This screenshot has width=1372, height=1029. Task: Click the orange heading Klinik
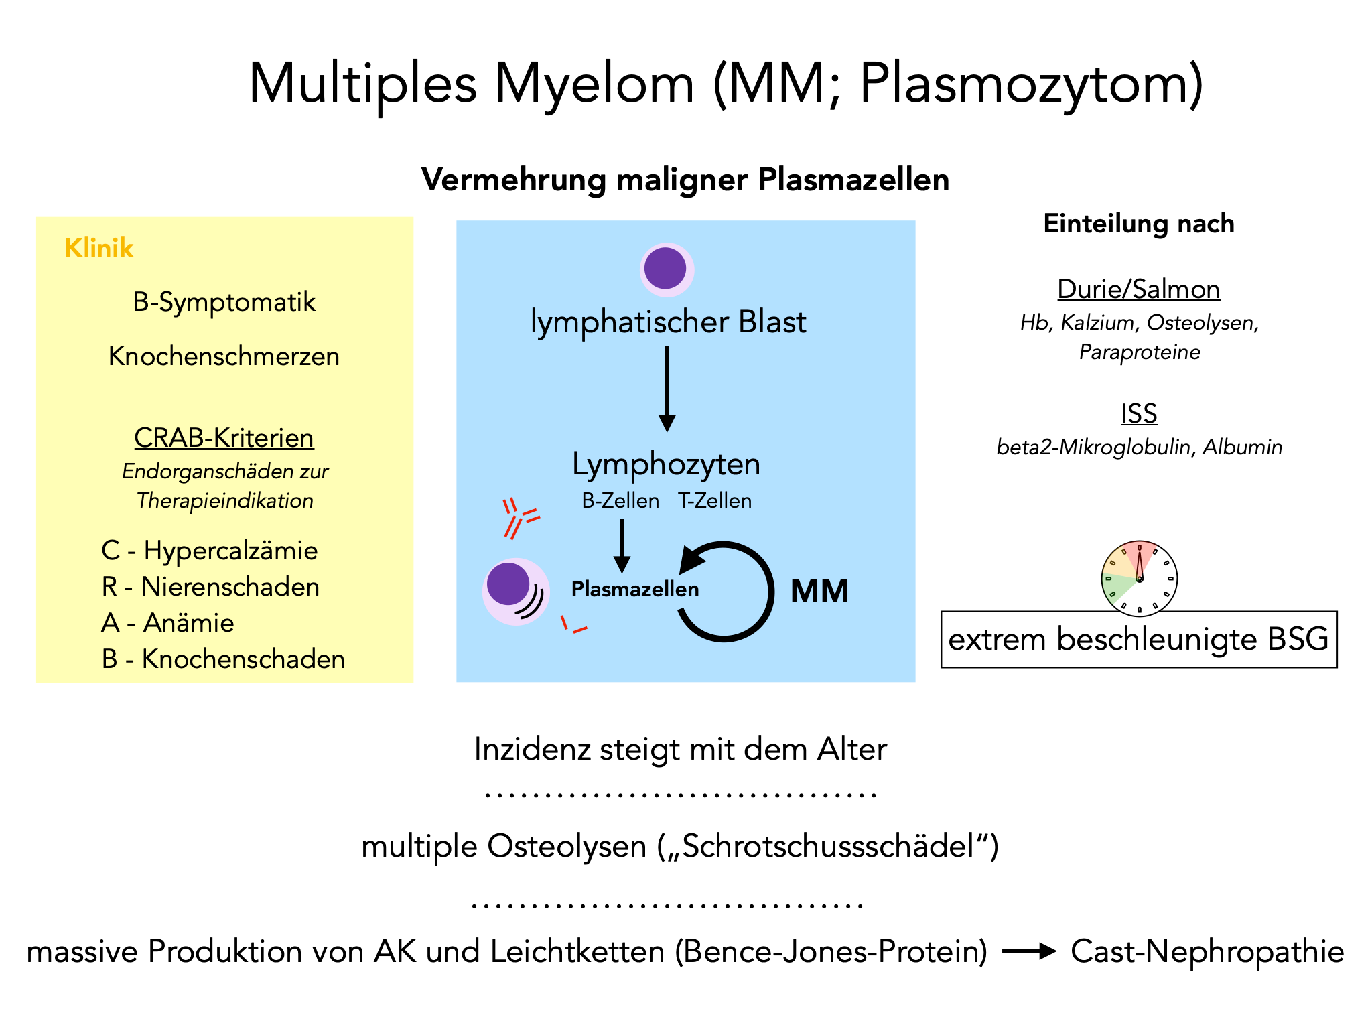[99, 249]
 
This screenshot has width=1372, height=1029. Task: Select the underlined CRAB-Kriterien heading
[224, 438]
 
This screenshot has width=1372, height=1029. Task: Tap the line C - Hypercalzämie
[210, 551]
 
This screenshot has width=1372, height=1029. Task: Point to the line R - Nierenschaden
[210, 587]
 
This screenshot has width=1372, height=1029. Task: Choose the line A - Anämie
[167, 623]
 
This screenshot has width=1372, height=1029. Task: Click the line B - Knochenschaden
[223, 659]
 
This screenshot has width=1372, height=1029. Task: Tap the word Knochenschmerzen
[224, 356]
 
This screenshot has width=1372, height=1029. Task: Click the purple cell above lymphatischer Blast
[666, 269]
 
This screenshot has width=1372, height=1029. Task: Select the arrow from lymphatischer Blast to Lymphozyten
[667, 389]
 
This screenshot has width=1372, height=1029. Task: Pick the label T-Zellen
[715, 501]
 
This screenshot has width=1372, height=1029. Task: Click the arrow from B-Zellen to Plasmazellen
[622, 545]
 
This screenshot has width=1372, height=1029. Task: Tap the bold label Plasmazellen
[634, 590]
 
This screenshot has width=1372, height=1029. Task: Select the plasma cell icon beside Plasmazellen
[516, 592]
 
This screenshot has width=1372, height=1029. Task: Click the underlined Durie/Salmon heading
[1138, 289]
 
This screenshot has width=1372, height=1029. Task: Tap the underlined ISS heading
[1139, 414]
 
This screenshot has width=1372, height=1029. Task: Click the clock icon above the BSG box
[1139, 578]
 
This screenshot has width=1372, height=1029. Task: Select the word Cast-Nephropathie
[1207, 952]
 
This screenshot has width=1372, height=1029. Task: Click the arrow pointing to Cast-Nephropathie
[1029, 951]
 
